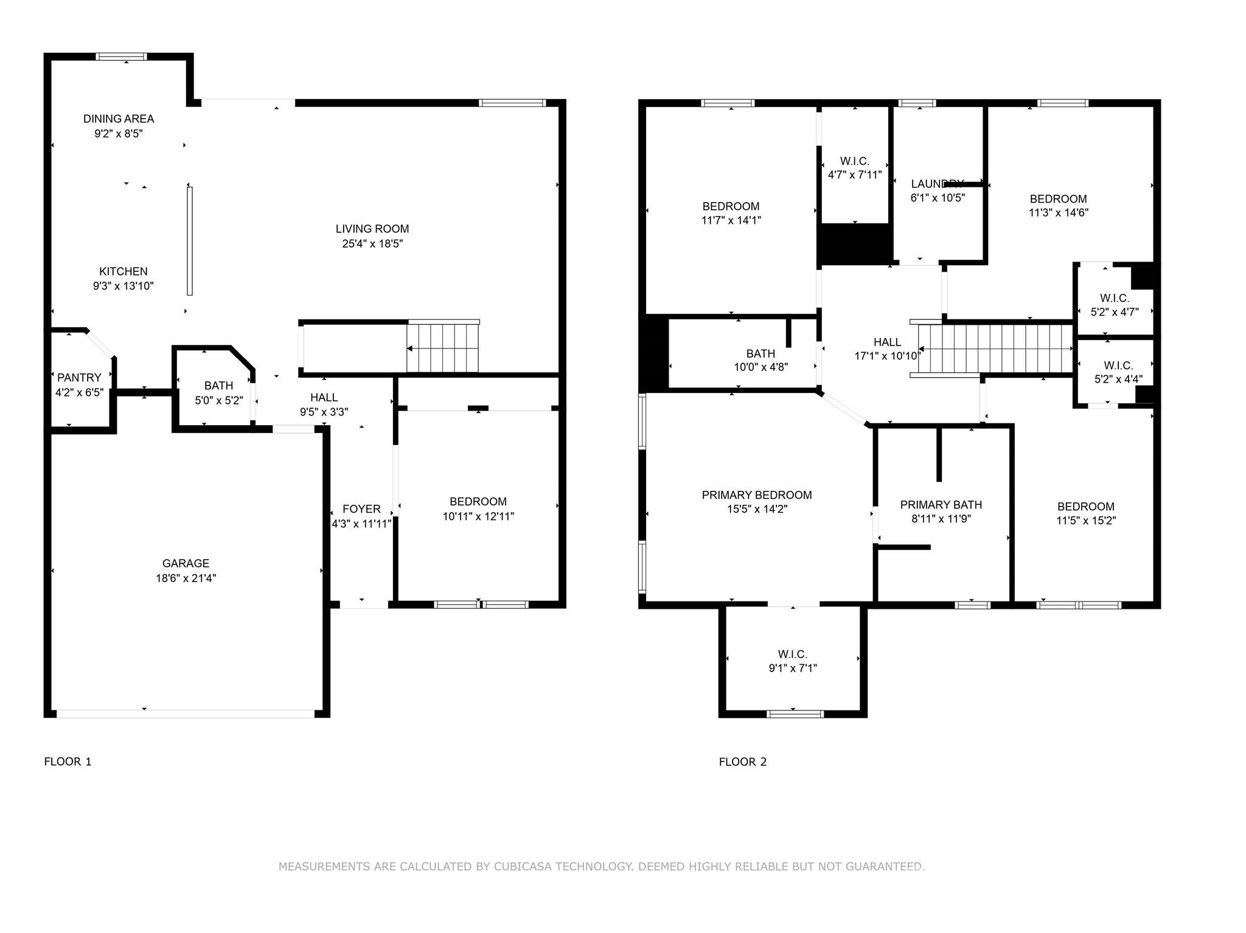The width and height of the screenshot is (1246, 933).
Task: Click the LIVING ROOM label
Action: coord(372,229)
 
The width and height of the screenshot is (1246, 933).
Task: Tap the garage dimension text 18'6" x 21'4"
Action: coord(186,578)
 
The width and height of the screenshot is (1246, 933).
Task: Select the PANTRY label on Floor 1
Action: coord(79,378)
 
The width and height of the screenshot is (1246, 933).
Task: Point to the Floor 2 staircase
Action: coord(995,349)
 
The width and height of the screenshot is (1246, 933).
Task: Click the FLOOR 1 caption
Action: coord(68,761)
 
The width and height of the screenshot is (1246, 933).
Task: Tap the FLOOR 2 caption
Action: coord(742,761)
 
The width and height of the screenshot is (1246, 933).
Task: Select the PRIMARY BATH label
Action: coord(941,505)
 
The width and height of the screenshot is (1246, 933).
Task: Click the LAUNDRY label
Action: coord(937,184)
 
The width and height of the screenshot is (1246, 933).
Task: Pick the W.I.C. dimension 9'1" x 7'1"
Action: coord(792,668)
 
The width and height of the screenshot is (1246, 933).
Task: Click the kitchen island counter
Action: coord(190,241)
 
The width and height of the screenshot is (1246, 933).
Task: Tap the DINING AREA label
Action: coord(119,119)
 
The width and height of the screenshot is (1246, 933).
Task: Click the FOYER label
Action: coord(361,509)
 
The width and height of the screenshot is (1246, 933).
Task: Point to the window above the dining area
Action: coord(122,57)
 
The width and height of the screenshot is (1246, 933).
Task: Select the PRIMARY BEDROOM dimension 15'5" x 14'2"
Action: coord(757,509)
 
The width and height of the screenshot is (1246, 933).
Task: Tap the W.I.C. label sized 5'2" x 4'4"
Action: coord(1118,366)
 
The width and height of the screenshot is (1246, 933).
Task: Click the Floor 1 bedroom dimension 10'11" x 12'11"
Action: coord(478,516)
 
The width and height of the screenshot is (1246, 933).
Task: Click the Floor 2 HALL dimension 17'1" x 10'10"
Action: coord(886,356)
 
